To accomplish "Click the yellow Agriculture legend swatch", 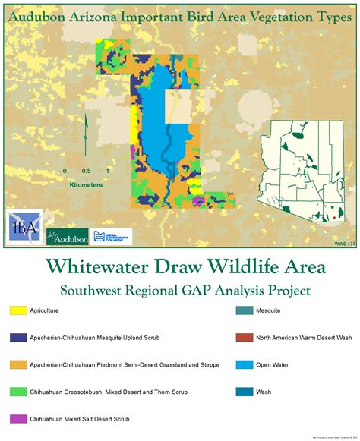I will coord(18,310).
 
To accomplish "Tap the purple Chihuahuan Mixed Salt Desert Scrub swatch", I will coord(18,418).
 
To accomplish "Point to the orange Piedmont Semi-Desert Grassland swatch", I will coord(18,364).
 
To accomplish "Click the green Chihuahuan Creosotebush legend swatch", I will coord(18,392).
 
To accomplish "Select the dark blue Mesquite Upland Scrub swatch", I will coord(18,337).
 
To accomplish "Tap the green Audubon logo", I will coord(67,237).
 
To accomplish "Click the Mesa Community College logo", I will coord(112,236).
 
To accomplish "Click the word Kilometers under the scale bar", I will coord(86,184).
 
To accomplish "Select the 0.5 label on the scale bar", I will coord(87,171).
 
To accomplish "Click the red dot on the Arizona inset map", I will coord(333,218).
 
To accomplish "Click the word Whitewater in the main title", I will coord(99,268).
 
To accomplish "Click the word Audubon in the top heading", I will coord(39,10).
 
